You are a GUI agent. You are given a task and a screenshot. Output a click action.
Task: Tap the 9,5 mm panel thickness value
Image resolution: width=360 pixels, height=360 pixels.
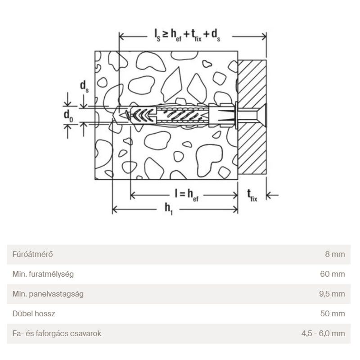pyautogui.click(x=333, y=294)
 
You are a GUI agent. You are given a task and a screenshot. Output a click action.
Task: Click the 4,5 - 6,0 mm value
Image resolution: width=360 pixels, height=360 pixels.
pyautogui.click(x=323, y=333)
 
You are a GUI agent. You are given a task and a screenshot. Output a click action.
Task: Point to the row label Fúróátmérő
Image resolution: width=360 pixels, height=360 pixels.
pyautogui.click(x=30, y=255)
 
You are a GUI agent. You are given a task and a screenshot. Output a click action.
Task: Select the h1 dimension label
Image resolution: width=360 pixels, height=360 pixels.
pyautogui.click(x=169, y=208)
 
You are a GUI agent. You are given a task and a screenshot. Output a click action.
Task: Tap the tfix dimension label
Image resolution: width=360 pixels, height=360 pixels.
pyautogui.click(x=252, y=195)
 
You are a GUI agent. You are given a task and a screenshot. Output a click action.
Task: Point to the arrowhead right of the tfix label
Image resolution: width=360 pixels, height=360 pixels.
pyautogui.click(x=270, y=195)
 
